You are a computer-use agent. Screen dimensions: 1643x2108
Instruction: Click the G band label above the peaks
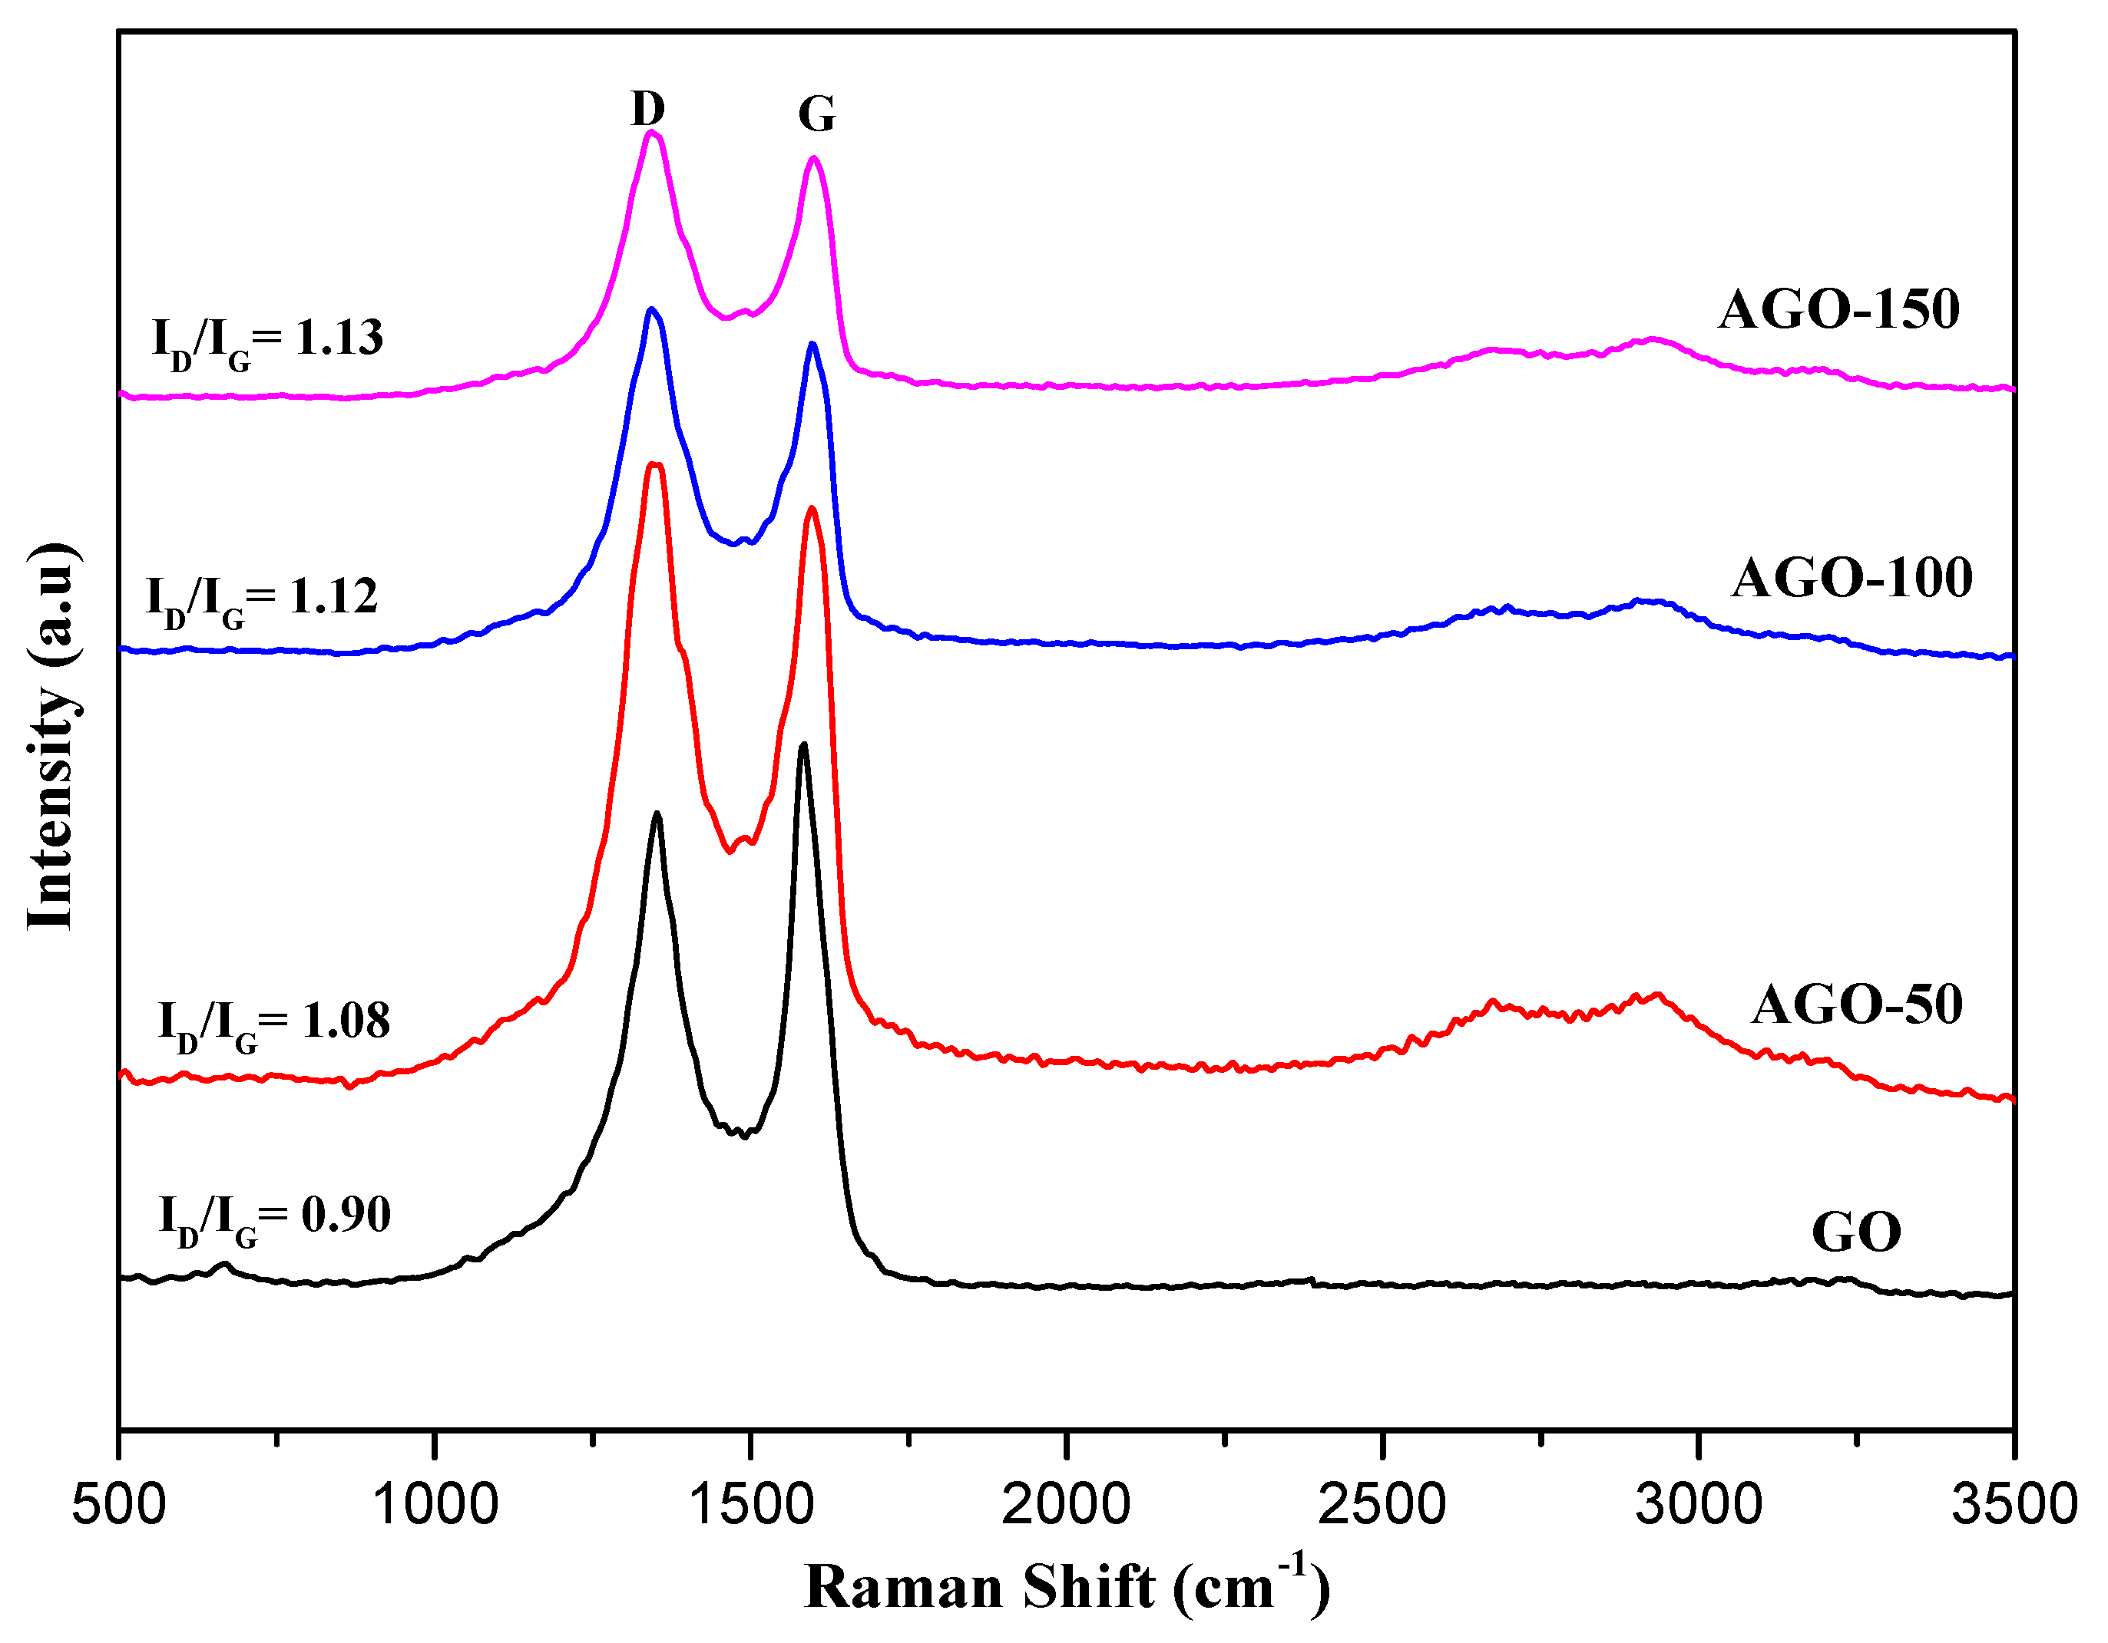pyautogui.click(x=816, y=115)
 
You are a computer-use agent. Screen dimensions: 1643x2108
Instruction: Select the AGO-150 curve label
pyautogui.click(x=1838, y=311)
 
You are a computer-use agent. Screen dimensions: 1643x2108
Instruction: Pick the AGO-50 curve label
pyautogui.click(x=1857, y=1005)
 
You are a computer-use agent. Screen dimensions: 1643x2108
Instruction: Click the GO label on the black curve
pyautogui.click(x=1856, y=1233)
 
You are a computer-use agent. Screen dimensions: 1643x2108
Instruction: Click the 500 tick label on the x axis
pyautogui.click(x=119, y=1505)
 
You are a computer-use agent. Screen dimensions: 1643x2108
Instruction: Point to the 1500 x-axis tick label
pyautogui.click(x=751, y=1505)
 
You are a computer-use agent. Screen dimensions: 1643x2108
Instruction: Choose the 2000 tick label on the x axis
pyautogui.click(x=1067, y=1505)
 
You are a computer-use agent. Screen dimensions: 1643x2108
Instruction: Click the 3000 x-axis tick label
pyautogui.click(x=1699, y=1505)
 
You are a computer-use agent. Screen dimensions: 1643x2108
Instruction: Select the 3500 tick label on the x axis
pyautogui.click(x=2014, y=1505)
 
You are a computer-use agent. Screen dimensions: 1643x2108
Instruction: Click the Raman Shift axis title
pyautogui.click(x=1067, y=1587)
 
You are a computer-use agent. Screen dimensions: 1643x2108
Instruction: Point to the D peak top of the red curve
pyautogui.click(x=655, y=465)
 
